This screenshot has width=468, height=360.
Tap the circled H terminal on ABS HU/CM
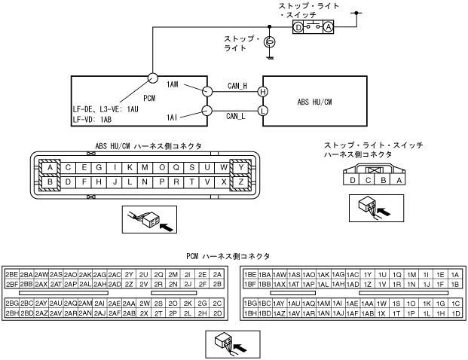click(262, 92)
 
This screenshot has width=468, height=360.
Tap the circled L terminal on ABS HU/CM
click(262, 110)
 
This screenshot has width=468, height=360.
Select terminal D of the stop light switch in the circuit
click(298, 27)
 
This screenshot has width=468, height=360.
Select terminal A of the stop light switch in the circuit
click(328, 27)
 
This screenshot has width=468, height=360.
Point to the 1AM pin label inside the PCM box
click(175, 84)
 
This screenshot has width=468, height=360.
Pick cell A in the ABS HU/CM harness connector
click(51, 167)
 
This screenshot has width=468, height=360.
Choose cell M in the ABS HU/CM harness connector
click(142, 167)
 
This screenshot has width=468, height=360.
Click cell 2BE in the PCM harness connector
click(11, 275)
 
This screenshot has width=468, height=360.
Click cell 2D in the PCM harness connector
click(217, 312)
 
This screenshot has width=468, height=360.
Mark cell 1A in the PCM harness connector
click(454, 275)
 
